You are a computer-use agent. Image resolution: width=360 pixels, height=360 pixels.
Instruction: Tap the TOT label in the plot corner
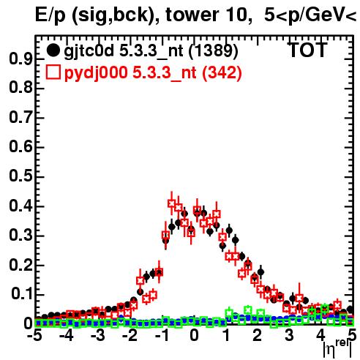[308, 50]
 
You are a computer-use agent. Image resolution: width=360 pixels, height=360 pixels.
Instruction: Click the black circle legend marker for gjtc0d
[53, 50]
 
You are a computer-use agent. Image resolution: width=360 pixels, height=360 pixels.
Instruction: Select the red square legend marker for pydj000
[53, 72]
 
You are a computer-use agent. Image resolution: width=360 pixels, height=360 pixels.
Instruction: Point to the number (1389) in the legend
[214, 51]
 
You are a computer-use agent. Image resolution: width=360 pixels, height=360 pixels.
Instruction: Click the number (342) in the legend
[222, 72]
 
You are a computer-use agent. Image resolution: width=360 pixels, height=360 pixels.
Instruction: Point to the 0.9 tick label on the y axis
[20, 59]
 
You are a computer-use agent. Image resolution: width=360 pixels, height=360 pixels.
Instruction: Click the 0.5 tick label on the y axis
[20, 176]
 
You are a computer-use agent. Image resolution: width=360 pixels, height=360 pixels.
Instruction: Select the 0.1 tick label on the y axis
[21, 294]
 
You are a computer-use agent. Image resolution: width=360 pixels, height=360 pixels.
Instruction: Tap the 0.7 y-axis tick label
[20, 118]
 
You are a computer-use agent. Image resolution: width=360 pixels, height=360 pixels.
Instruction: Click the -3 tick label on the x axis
[98, 335]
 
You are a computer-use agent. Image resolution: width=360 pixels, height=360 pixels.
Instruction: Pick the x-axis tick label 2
[258, 335]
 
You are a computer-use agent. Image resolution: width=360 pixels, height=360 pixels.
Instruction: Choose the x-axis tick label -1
[162, 335]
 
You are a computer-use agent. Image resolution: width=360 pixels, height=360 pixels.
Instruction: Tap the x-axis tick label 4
[320, 335]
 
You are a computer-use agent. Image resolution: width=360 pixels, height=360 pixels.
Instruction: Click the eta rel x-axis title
[337, 349]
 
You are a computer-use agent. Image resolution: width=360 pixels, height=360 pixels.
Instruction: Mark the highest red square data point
[172, 203]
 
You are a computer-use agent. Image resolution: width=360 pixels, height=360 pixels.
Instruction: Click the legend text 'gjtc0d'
[89, 51]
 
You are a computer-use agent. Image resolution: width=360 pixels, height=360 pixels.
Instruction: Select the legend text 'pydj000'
[96, 73]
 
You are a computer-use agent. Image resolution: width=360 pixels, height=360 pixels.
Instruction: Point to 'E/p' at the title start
[50, 15]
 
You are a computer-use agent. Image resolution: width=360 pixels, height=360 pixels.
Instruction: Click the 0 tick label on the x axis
[194, 335]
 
